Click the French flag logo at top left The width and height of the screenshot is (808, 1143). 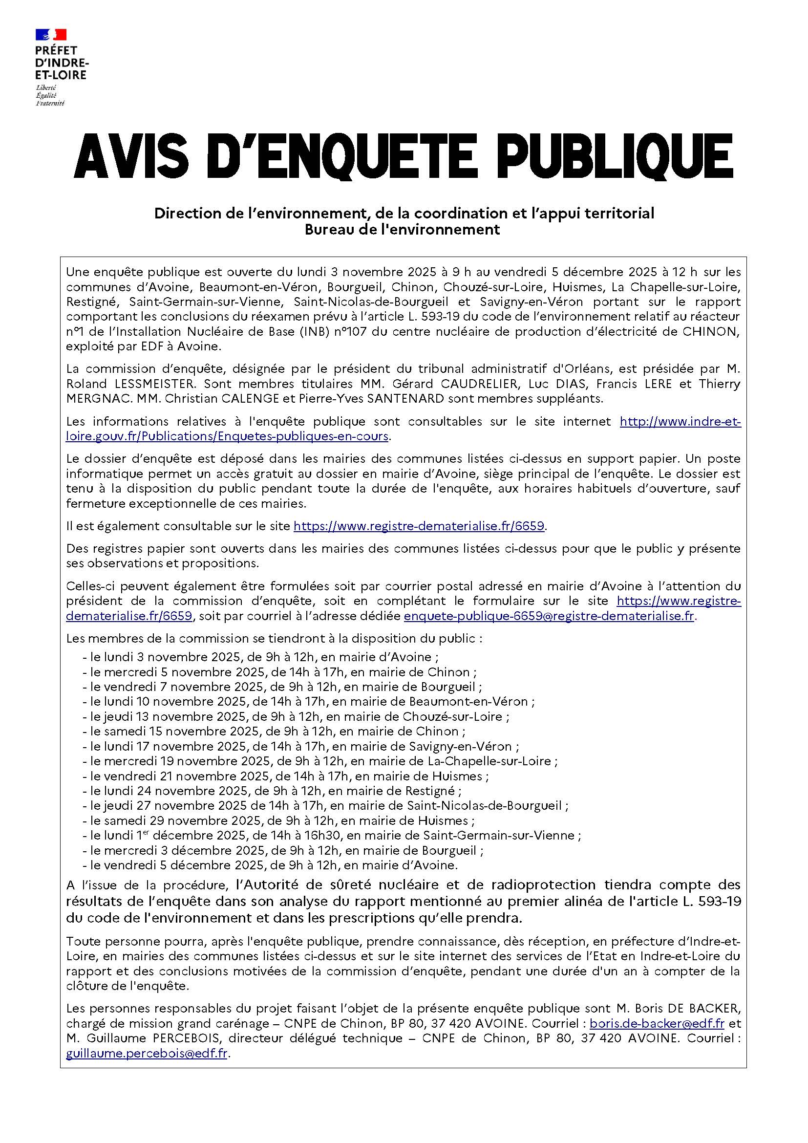click(x=50, y=34)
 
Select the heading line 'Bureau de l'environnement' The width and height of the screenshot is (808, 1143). click(x=404, y=230)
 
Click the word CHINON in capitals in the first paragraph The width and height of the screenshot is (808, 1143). click(x=709, y=331)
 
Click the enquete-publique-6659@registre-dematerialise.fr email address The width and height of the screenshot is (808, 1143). click(x=549, y=616)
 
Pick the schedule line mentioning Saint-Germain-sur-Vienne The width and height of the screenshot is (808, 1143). click(x=331, y=835)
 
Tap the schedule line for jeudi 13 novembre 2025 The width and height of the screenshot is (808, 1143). click(x=296, y=717)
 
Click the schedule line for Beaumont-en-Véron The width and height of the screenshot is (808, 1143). click(x=308, y=702)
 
